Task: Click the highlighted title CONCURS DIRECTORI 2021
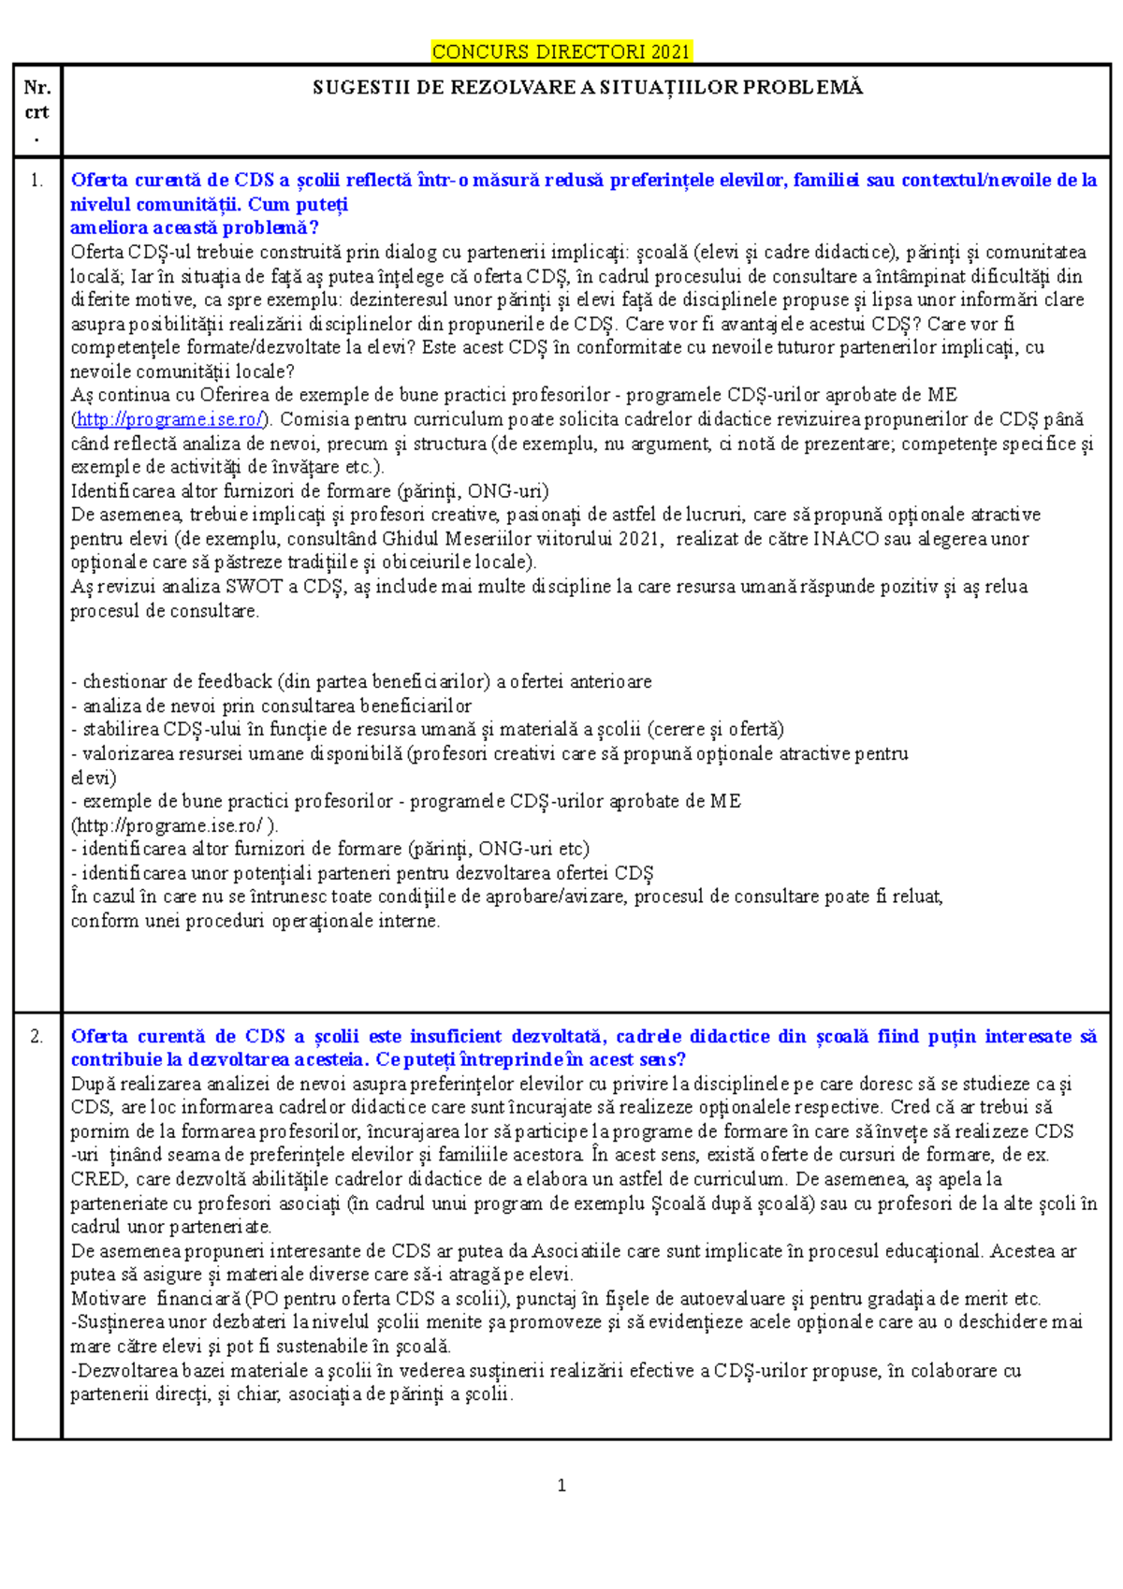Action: (x=561, y=51)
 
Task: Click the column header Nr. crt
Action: (x=36, y=100)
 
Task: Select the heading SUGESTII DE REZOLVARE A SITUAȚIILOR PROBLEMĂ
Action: (x=587, y=88)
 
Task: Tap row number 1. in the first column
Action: (x=36, y=181)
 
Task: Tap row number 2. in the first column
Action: (x=36, y=1037)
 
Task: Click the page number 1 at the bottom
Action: (x=561, y=1485)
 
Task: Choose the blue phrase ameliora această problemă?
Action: (x=195, y=227)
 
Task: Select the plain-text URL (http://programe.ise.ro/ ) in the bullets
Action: (x=174, y=825)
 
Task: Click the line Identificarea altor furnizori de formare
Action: (x=309, y=491)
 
